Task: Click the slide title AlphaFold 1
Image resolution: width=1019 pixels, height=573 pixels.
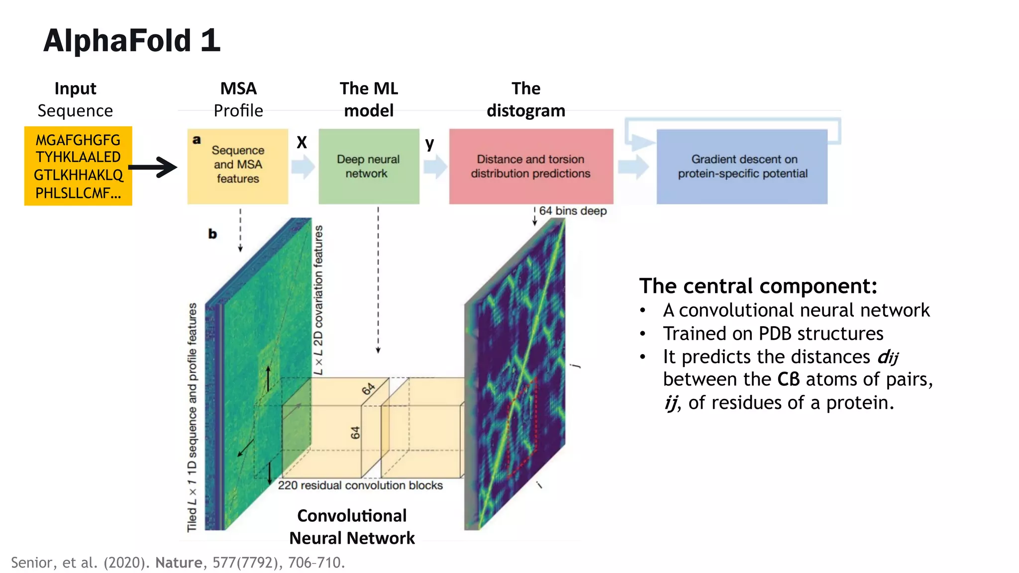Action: click(x=131, y=40)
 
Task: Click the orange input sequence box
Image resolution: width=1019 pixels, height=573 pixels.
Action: click(x=78, y=166)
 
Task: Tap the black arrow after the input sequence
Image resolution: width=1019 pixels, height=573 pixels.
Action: click(x=154, y=167)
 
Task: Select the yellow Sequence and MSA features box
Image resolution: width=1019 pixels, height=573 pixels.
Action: click(x=238, y=166)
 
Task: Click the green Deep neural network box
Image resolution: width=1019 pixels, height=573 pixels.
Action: click(x=369, y=166)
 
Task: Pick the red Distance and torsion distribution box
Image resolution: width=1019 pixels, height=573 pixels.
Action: click(x=531, y=166)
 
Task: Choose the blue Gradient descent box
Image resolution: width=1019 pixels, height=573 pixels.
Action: click(x=742, y=166)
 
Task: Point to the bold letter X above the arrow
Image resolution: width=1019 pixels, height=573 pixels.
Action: click(x=302, y=143)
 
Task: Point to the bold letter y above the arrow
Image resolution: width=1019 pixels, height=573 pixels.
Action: click(x=429, y=144)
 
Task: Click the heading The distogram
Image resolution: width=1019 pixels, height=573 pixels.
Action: click(x=526, y=99)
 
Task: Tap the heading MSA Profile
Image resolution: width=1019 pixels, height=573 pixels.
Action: click(x=238, y=99)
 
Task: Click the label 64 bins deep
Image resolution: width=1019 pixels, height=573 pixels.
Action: click(x=573, y=211)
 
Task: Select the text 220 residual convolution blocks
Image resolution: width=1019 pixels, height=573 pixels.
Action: click(x=360, y=485)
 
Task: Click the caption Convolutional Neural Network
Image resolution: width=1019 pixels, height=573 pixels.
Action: click(x=352, y=527)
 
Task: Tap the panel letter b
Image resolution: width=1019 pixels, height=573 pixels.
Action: click(x=212, y=234)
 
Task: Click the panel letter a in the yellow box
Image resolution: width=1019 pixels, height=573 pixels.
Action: click(x=197, y=140)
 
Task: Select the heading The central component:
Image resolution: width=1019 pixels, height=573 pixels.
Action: click(x=758, y=286)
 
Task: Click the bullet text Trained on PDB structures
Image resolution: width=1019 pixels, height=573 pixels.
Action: click(x=773, y=333)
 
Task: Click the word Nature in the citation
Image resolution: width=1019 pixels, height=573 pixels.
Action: click(x=179, y=563)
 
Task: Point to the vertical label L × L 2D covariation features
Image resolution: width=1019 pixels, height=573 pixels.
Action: click(x=318, y=300)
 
